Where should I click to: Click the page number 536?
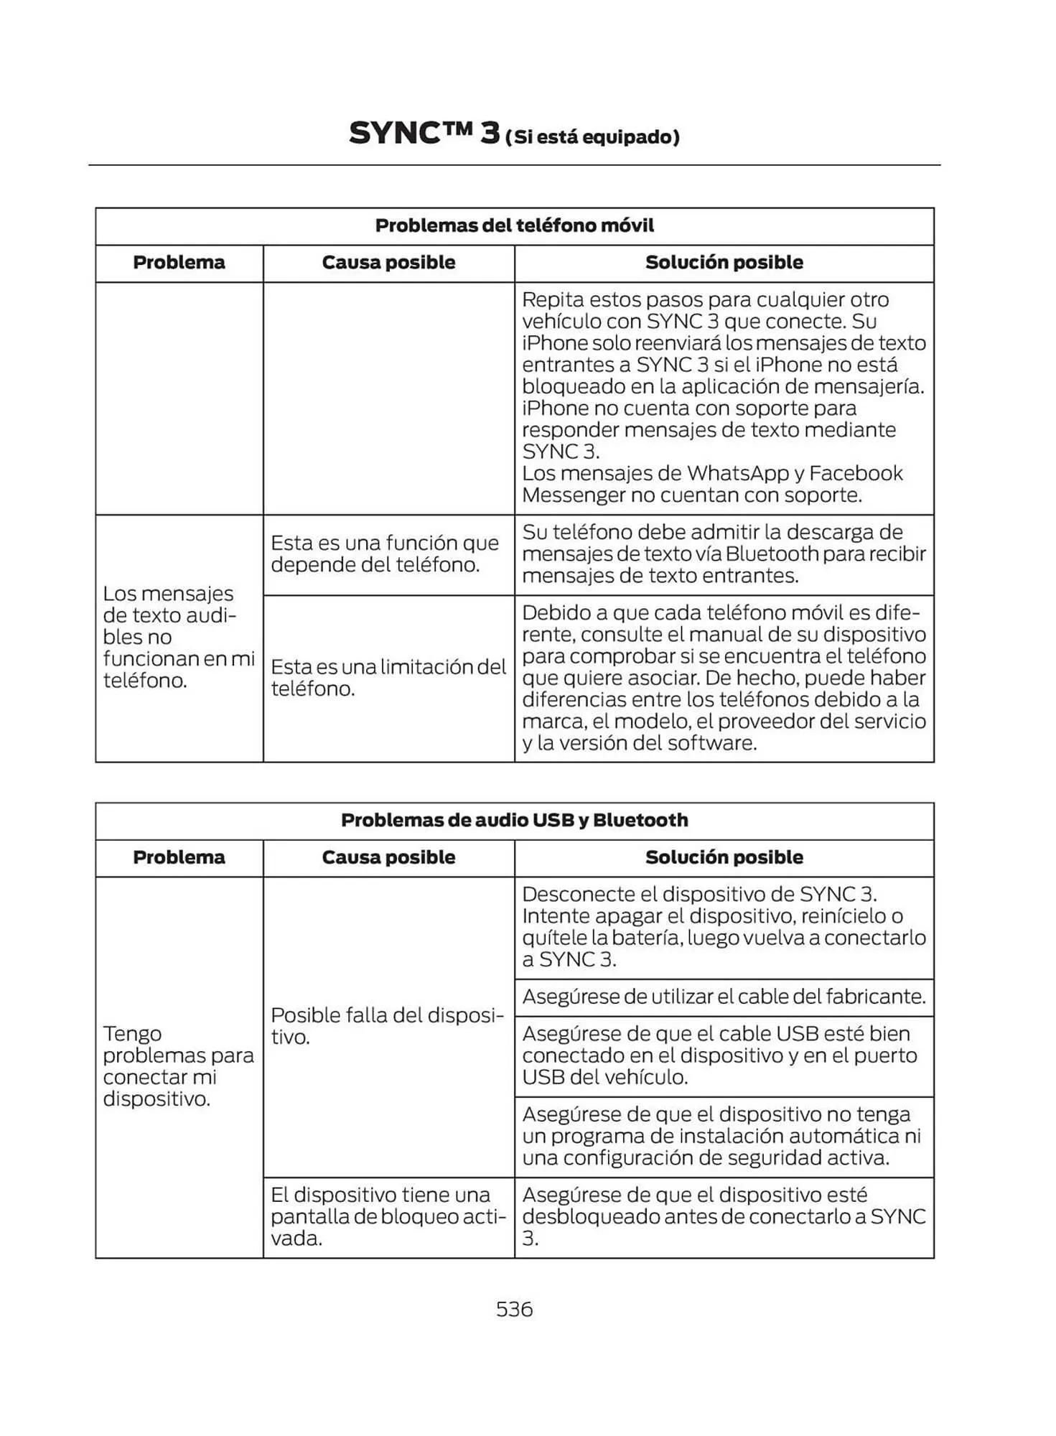click(514, 1309)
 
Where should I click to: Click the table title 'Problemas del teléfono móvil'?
click(514, 225)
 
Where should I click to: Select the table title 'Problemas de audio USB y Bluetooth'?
click(514, 820)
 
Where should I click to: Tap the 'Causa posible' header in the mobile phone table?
click(388, 263)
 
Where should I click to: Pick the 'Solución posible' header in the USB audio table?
click(724, 857)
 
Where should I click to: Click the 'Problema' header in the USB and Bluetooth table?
click(179, 857)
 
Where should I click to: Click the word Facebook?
click(856, 473)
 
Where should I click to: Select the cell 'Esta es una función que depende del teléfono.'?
click(385, 554)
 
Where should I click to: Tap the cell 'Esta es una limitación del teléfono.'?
click(388, 678)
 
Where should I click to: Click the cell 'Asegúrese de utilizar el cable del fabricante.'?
click(724, 997)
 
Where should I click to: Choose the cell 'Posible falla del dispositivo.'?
click(388, 1026)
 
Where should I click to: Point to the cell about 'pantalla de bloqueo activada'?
click(388, 1216)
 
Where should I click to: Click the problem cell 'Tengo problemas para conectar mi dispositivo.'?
click(178, 1066)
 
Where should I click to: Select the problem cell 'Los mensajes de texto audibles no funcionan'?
click(178, 637)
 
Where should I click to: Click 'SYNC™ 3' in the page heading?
click(424, 134)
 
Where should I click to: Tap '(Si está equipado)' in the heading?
click(592, 137)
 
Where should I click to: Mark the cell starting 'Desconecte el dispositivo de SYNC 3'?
click(724, 927)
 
